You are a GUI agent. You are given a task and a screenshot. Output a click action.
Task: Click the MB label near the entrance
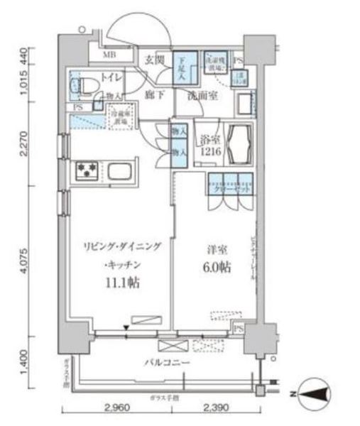[111, 55]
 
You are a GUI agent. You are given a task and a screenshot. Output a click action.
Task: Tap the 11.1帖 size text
[124, 282]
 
